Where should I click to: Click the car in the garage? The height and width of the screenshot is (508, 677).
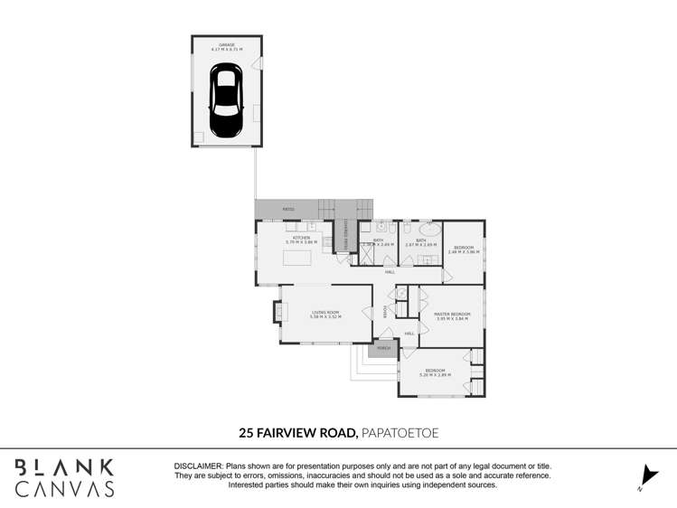click(x=225, y=100)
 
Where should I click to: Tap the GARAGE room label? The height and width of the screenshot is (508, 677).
click(x=226, y=45)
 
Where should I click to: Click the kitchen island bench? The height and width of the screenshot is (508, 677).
click(x=297, y=258)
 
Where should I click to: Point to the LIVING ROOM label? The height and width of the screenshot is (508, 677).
click(x=324, y=314)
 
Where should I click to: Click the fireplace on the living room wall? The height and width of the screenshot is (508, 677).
click(x=277, y=312)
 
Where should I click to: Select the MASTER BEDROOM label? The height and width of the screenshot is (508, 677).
click(x=452, y=315)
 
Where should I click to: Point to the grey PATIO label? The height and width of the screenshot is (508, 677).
click(x=288, y=209)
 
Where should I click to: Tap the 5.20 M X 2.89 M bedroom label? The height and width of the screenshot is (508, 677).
click(x=435, y=372)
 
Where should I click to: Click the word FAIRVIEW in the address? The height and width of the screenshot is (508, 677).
click(x=288, y=434)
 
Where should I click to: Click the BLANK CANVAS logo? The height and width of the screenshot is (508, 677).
click(x=65, y=478)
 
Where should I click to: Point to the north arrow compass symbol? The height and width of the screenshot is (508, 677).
click(x=647, y=476)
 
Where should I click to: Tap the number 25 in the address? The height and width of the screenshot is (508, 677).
click(x=246, y=434)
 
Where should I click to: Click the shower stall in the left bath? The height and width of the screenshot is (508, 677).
click(x=368, y=254)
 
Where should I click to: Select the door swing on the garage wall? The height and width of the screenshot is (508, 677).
click(x=258, y=63)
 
